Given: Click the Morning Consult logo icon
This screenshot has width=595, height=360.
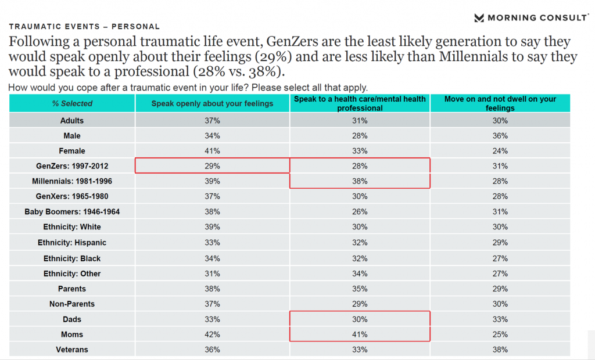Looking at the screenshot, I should tap(479, 17).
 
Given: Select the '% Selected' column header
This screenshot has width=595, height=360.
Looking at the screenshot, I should tap(72, 103).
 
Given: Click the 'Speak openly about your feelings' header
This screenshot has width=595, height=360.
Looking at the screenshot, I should tap(212, 103).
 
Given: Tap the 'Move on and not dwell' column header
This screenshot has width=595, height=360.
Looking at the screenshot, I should tap(500, 103).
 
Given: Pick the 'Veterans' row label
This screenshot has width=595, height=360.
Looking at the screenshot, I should tap(72, 350).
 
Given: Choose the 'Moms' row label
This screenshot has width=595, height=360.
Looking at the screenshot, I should tap(72, 334).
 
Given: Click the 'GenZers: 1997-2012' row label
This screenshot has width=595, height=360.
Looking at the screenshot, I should tap(72, 166).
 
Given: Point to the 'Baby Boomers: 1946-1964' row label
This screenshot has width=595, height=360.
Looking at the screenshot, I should tap(72, 212).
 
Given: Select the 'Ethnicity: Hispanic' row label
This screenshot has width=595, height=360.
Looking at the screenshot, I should tap(72, 243).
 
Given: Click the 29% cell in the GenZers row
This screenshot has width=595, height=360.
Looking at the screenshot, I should tap(212, 166).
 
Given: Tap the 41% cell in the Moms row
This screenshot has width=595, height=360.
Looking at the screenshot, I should tap(360, 334).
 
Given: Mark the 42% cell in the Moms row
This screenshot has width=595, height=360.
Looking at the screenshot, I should tap(212, 334).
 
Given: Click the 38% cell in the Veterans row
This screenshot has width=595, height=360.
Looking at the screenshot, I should tap(500, 350).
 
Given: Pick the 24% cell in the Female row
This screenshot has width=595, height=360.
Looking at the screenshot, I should tap(500, 151).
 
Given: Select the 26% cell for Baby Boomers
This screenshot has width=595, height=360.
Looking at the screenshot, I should tap(360, 212).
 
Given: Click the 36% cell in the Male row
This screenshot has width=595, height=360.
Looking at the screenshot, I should tap(500, 136).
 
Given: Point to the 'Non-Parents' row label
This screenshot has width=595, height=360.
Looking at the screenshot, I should tap(72, 304).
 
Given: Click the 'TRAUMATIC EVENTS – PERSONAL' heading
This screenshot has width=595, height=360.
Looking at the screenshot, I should tap(84, 27).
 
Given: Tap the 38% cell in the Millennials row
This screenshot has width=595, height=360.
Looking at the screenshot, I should tap(360, 181).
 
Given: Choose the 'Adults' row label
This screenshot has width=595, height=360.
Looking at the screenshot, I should tap(72, 121).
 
